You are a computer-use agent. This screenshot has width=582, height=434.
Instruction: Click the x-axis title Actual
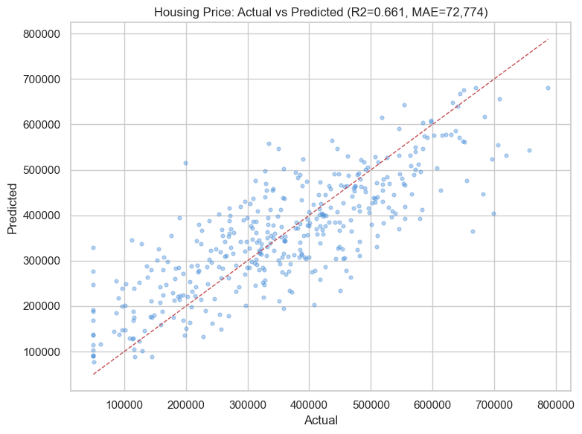[x=320, y=421]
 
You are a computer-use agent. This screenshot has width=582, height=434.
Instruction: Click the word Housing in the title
[x=175, y=12]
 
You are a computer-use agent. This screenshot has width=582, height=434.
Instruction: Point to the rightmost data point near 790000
[x=548, y=88]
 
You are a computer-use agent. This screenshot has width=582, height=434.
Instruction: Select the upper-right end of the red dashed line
[x=548, y=39]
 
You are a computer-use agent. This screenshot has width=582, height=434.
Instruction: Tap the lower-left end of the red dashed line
[x=93, y=375]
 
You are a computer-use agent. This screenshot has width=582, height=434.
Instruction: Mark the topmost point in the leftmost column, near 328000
[x=93, y=247]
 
